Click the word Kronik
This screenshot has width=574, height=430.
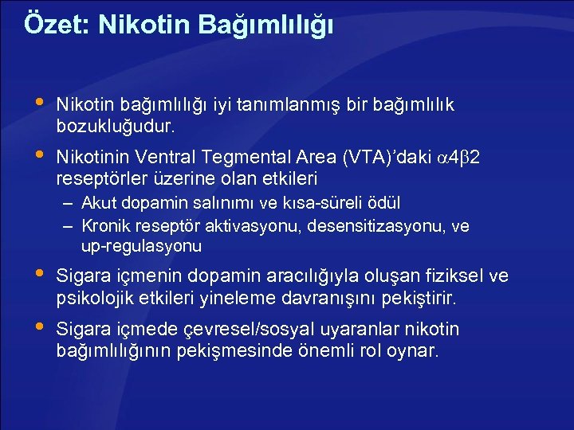105,226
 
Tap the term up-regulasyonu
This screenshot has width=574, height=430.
141,246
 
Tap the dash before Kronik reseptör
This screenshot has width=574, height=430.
69,226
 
